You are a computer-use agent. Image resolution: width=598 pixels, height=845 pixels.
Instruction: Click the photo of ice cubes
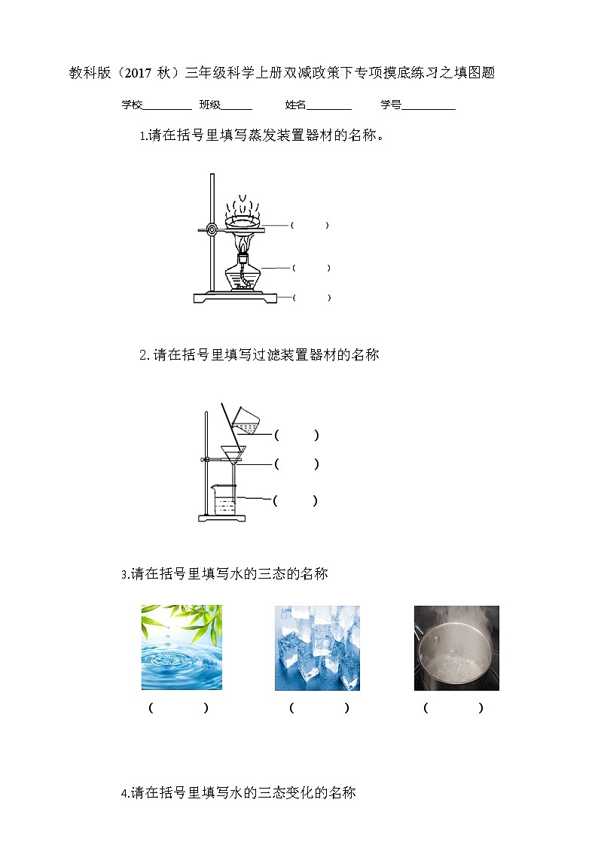[x=317, y=648]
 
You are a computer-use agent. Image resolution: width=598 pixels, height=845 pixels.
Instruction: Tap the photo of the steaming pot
[x=456, y=648]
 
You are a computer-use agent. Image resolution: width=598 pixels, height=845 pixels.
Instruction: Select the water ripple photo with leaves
[x=182, y=648]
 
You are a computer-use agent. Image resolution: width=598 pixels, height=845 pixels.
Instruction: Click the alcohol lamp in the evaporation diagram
[x=243, y=274]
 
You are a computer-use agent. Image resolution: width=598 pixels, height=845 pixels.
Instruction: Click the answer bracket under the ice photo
[x=319, y=708]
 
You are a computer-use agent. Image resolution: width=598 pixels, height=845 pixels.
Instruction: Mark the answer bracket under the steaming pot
[x=453, y=708]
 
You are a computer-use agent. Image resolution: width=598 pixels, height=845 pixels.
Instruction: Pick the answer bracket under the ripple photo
[x=178, y=708]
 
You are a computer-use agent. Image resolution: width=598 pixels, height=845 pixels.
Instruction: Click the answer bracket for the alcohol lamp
[x=311, y=268]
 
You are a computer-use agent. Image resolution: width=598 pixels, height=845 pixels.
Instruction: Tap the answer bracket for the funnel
[x=297, y=464]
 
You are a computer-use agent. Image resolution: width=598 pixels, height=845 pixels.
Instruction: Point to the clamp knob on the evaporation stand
[x=212, y=229]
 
